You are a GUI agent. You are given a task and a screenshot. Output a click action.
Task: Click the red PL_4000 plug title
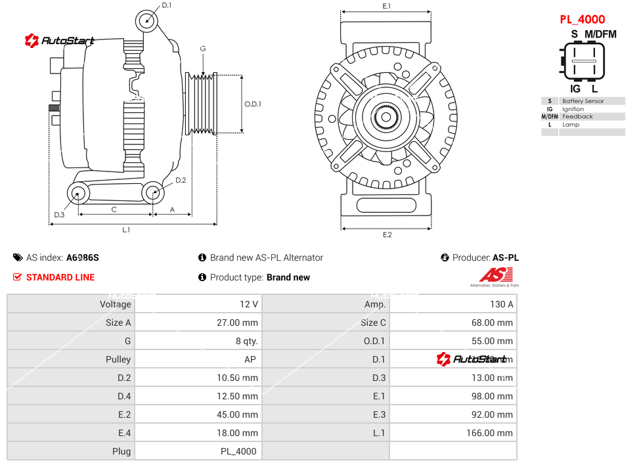(x=582, y=20)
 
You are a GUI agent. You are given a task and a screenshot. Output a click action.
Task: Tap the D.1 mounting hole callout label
(x=166, y=5)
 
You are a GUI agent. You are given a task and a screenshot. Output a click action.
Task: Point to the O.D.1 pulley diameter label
(x=253, y=104)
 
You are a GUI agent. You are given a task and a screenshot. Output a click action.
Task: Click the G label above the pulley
(x=203, y=49)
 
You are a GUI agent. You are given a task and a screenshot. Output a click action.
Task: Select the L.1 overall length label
(x=126, y=230)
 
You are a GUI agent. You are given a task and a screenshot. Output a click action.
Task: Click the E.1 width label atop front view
(x=387, y=7)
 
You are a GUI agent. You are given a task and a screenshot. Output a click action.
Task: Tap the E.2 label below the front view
(x=387, y=235)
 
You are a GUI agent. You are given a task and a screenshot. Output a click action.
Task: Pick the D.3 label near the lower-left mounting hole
(x=59, y=215)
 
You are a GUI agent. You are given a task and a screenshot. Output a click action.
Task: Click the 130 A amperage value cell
(x=502, y=304)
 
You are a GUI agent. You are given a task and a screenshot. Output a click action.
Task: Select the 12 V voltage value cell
(x=250, y=304)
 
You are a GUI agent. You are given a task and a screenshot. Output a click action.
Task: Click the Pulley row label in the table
(x=118, y=359)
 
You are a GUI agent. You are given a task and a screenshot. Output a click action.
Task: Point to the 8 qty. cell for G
(x=247, y=341)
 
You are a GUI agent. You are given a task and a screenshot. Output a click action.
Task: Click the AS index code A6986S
(x=83, y=257)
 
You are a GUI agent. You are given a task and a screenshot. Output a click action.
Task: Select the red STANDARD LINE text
(x=60, y=277)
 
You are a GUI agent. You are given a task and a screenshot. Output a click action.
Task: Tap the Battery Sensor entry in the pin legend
(x=583, y=101)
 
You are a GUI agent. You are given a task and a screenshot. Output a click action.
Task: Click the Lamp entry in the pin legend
(x=571, y=125)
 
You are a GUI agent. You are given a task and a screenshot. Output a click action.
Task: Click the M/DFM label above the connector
(x=600, y=34)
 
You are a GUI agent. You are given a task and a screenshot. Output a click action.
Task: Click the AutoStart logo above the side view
(x=60, y=41)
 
